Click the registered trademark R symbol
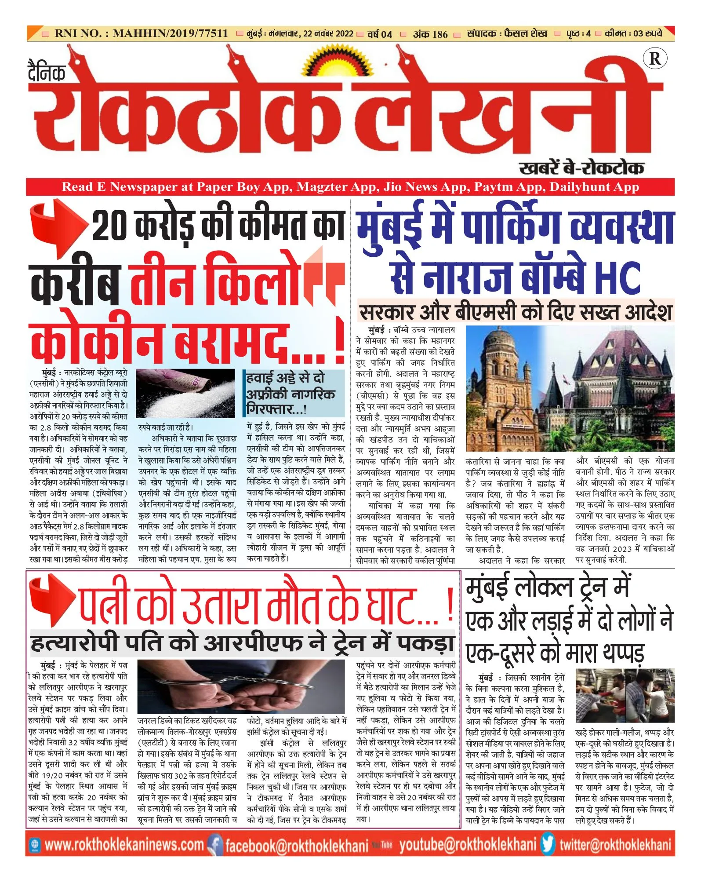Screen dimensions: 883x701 click(x=654, y=58)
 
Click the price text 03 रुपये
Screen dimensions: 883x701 click(x=647, y=33)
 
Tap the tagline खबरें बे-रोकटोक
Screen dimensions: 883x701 click(x=581, y=168)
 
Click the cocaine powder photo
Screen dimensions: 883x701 click(x=185, y=393)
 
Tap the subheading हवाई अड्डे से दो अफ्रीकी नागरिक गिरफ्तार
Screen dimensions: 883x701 click(x=290, y=393)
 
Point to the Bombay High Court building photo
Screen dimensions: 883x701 click(x=570, y=389)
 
